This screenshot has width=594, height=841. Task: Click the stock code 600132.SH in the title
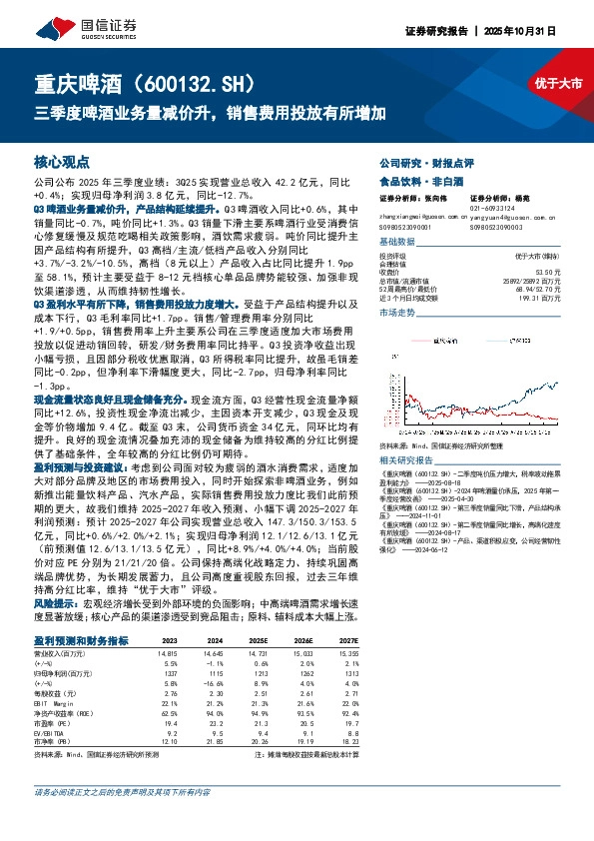click(209, 82)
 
